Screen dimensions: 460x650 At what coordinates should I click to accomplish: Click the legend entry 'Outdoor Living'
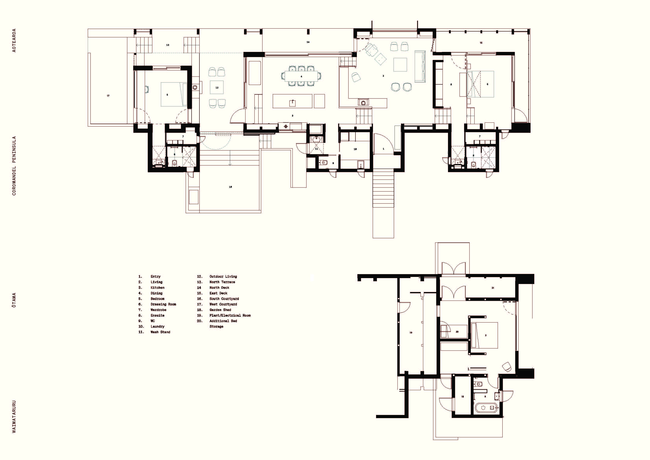point(223,276)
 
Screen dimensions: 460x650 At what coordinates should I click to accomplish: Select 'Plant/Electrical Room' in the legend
point(230,315)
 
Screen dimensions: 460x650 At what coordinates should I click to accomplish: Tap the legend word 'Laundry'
point(157,326)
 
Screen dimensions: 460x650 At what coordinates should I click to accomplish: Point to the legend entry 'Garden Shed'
point(220,310)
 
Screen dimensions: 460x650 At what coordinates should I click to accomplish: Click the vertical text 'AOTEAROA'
point(14,40)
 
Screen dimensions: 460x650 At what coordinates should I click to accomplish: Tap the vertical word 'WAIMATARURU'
point(14,417)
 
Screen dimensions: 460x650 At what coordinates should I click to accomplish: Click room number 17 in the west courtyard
point(108,96)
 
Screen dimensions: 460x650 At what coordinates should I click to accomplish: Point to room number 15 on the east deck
point(481,43)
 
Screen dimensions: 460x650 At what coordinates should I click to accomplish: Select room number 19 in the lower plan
point(411,333)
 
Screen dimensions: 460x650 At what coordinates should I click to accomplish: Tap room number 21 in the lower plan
point(493,288)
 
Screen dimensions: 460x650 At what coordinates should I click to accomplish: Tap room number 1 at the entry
point(384,149)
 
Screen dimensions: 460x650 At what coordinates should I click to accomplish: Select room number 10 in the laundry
point(355,149)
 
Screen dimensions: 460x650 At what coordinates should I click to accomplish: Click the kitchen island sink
point(292,103)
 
